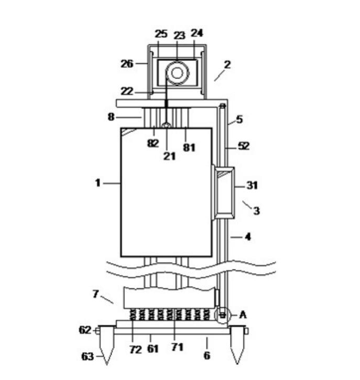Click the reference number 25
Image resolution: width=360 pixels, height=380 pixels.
tap(161, 34)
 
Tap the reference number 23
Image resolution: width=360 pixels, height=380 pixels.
tap(180, 35)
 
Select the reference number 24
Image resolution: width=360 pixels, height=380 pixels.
tap(197, 33)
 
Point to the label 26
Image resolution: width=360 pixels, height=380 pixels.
tap(127, 64)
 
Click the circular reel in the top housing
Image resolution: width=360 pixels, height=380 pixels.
tap(178, 73)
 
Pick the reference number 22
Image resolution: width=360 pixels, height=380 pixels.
tap(127, 91)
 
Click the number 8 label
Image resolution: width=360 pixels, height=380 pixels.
tap(111, 117)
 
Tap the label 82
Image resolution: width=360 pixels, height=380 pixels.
tap(153, 143)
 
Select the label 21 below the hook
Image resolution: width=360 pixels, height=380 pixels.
tap(169, 156)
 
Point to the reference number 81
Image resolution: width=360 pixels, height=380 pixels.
tap(189, 147)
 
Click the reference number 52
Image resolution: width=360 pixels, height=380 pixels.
tap(244, 146)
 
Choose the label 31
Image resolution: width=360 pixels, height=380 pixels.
tap(252, 185)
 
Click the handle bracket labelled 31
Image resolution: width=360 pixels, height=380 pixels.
tap(224, 192)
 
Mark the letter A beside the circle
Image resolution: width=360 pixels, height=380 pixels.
tap(243, 314)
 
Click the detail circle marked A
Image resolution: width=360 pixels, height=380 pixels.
tap(223, 315)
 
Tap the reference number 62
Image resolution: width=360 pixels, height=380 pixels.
tap(85, 330)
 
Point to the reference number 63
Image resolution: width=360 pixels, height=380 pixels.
tap(88, 357)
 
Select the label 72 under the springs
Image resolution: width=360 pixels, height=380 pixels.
tap(136, 349)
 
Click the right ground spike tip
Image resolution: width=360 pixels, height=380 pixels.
tap(237, 364)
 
